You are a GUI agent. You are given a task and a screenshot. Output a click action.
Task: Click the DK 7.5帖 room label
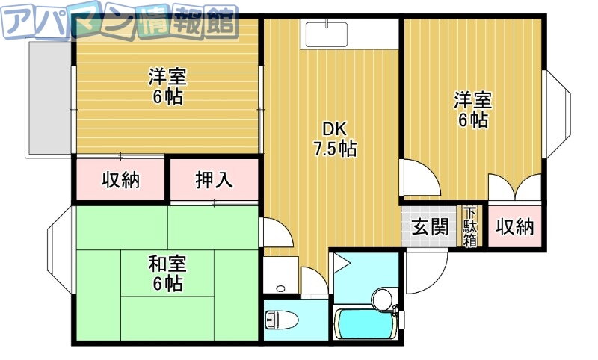[335, 139]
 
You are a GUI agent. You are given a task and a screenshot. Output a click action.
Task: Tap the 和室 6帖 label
[167, 273]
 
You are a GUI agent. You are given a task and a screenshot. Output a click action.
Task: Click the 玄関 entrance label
[429, 228]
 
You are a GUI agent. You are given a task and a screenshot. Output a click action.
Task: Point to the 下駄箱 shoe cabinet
[470, 226]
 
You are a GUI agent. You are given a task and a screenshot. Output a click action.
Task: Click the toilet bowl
[282, 319]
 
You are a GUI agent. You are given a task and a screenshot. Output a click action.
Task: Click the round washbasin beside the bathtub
[382, 299]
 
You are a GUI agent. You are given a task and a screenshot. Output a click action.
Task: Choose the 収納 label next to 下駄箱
[514, 227]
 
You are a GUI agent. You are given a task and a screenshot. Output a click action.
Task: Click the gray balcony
[49, 98]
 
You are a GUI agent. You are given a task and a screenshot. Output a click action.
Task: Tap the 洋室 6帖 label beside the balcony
[167, 87]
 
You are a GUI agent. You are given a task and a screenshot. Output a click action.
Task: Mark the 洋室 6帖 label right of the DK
[473, 109]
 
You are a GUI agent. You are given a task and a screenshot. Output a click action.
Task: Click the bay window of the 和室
[60, 250]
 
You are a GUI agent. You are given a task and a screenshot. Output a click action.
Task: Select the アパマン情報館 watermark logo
[120, 23]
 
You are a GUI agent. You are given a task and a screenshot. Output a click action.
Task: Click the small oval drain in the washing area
[281, 288]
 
